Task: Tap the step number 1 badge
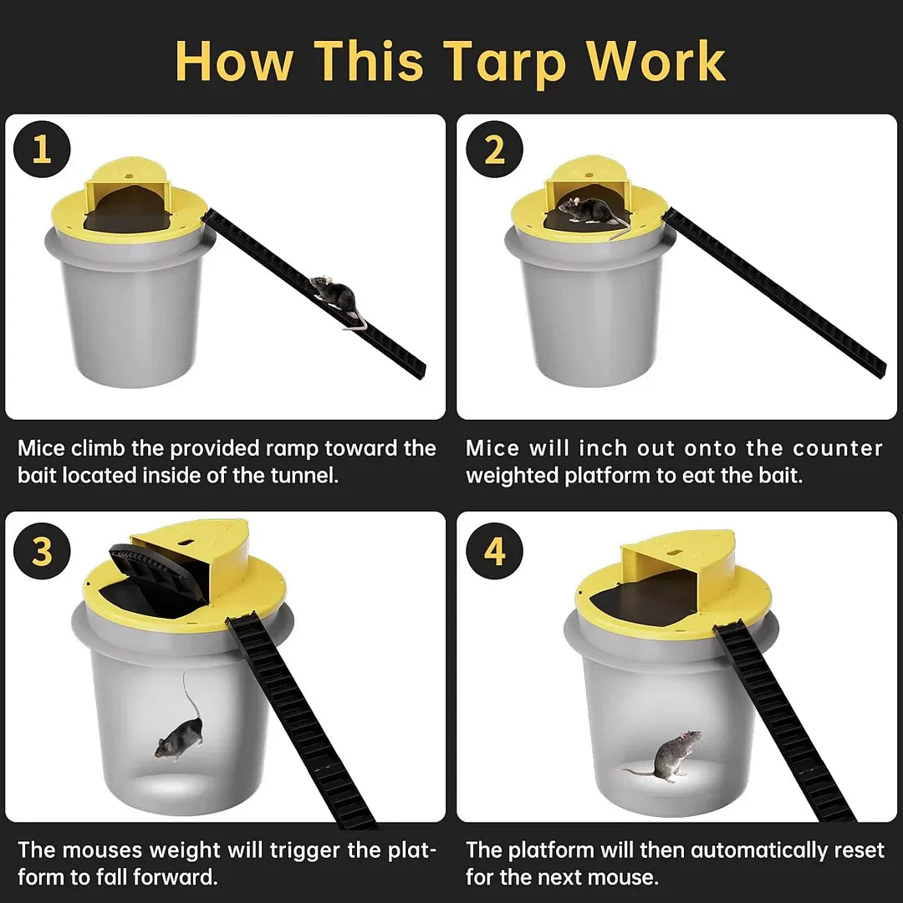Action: click(41, 150)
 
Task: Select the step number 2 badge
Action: click(495, 150)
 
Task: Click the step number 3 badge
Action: click(41, 553)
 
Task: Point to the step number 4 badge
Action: click(495, 553)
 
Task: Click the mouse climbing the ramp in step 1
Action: click(336, 298)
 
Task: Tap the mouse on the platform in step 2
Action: click(589, 210)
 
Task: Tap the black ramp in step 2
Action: click(773, 293)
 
